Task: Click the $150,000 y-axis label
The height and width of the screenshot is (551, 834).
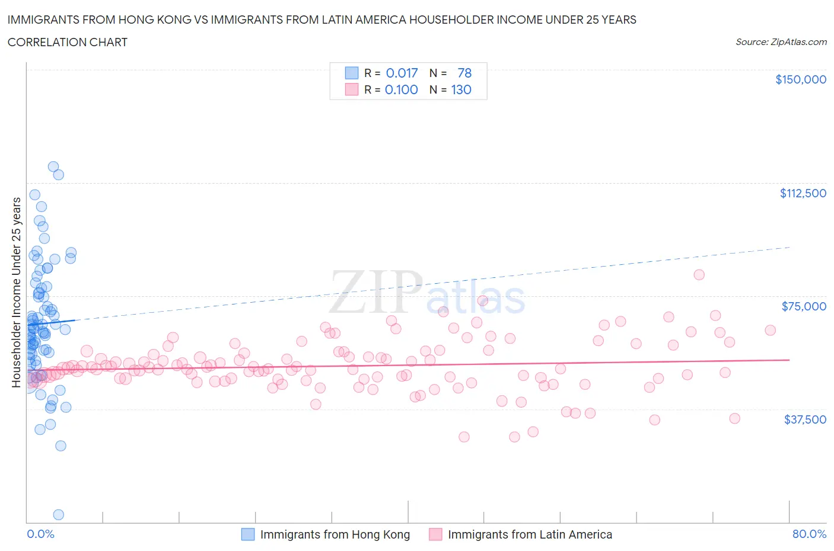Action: tap(800, 79)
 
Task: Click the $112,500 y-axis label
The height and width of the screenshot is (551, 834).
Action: tap(803, 193)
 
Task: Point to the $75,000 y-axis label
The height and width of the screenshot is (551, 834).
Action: tap(803, 306)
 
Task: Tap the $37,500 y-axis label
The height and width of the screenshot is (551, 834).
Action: tap(804, 419)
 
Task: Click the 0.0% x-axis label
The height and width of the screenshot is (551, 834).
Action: tap(40, 534)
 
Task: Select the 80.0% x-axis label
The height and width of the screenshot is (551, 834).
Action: tap(809, 534)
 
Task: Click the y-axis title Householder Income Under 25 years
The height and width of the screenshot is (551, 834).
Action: tap(16, 292)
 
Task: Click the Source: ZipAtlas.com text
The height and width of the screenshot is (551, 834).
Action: tap(781, 42)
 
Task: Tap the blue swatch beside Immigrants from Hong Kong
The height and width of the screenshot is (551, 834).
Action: tap(247, 534)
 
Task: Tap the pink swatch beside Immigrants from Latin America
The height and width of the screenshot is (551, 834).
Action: tap(435, 534)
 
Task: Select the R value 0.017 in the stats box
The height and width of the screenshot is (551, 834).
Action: tap(402, 73)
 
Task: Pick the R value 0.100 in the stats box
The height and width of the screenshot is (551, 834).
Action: tap(401, 90)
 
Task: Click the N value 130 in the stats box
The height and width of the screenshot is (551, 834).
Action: tap(461, 90)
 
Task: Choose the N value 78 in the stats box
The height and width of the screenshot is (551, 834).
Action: tap(464, 73)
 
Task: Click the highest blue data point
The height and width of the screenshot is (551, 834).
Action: tap(53, 166)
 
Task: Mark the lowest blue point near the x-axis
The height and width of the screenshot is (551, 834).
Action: tap(58, 514)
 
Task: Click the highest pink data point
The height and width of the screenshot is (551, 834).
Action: tap(699, 274)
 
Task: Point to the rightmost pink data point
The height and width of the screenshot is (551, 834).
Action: tap(770, 330)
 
